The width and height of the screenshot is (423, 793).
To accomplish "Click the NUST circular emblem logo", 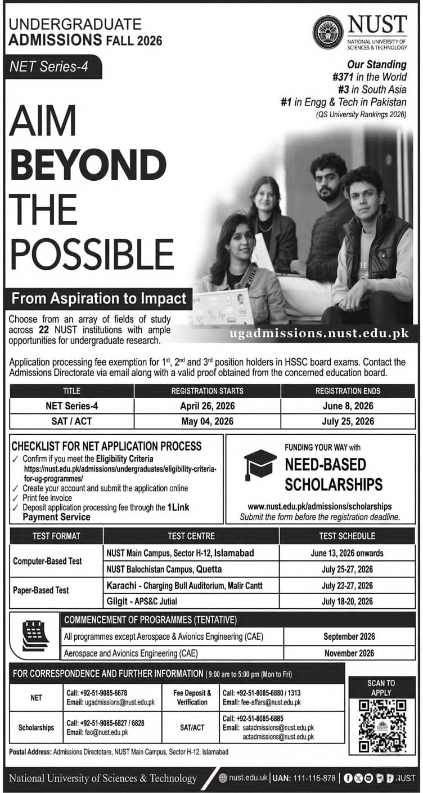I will pyautogui.click(x=327, y=33).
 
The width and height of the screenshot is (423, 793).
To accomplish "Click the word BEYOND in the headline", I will pyautogui.click(x=88, y=167).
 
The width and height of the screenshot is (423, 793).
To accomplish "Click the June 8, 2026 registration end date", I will pyautogui.click(x=348, y=406).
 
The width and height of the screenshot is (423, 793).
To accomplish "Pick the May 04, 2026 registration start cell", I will pyautogui.click(x=207, y=421).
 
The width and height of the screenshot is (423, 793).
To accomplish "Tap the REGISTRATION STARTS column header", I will pyautogui.click(x=207, y=391).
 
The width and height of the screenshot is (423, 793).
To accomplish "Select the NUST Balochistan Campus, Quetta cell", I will pyautogui.click(x=164, y=569).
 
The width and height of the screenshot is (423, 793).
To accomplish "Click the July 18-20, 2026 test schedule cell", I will pyautogui.click(x=348, y=601).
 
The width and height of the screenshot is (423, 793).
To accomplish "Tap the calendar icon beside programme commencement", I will pyautogui.click(x=35, y=635).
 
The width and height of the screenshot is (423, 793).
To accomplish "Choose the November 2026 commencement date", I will pyautogui.click(x=349, y=653).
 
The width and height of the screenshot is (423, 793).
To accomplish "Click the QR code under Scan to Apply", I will pyautogui.click(x=382, y=725).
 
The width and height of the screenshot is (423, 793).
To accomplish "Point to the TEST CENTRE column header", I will pyautogui.click(x=191, y=536).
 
